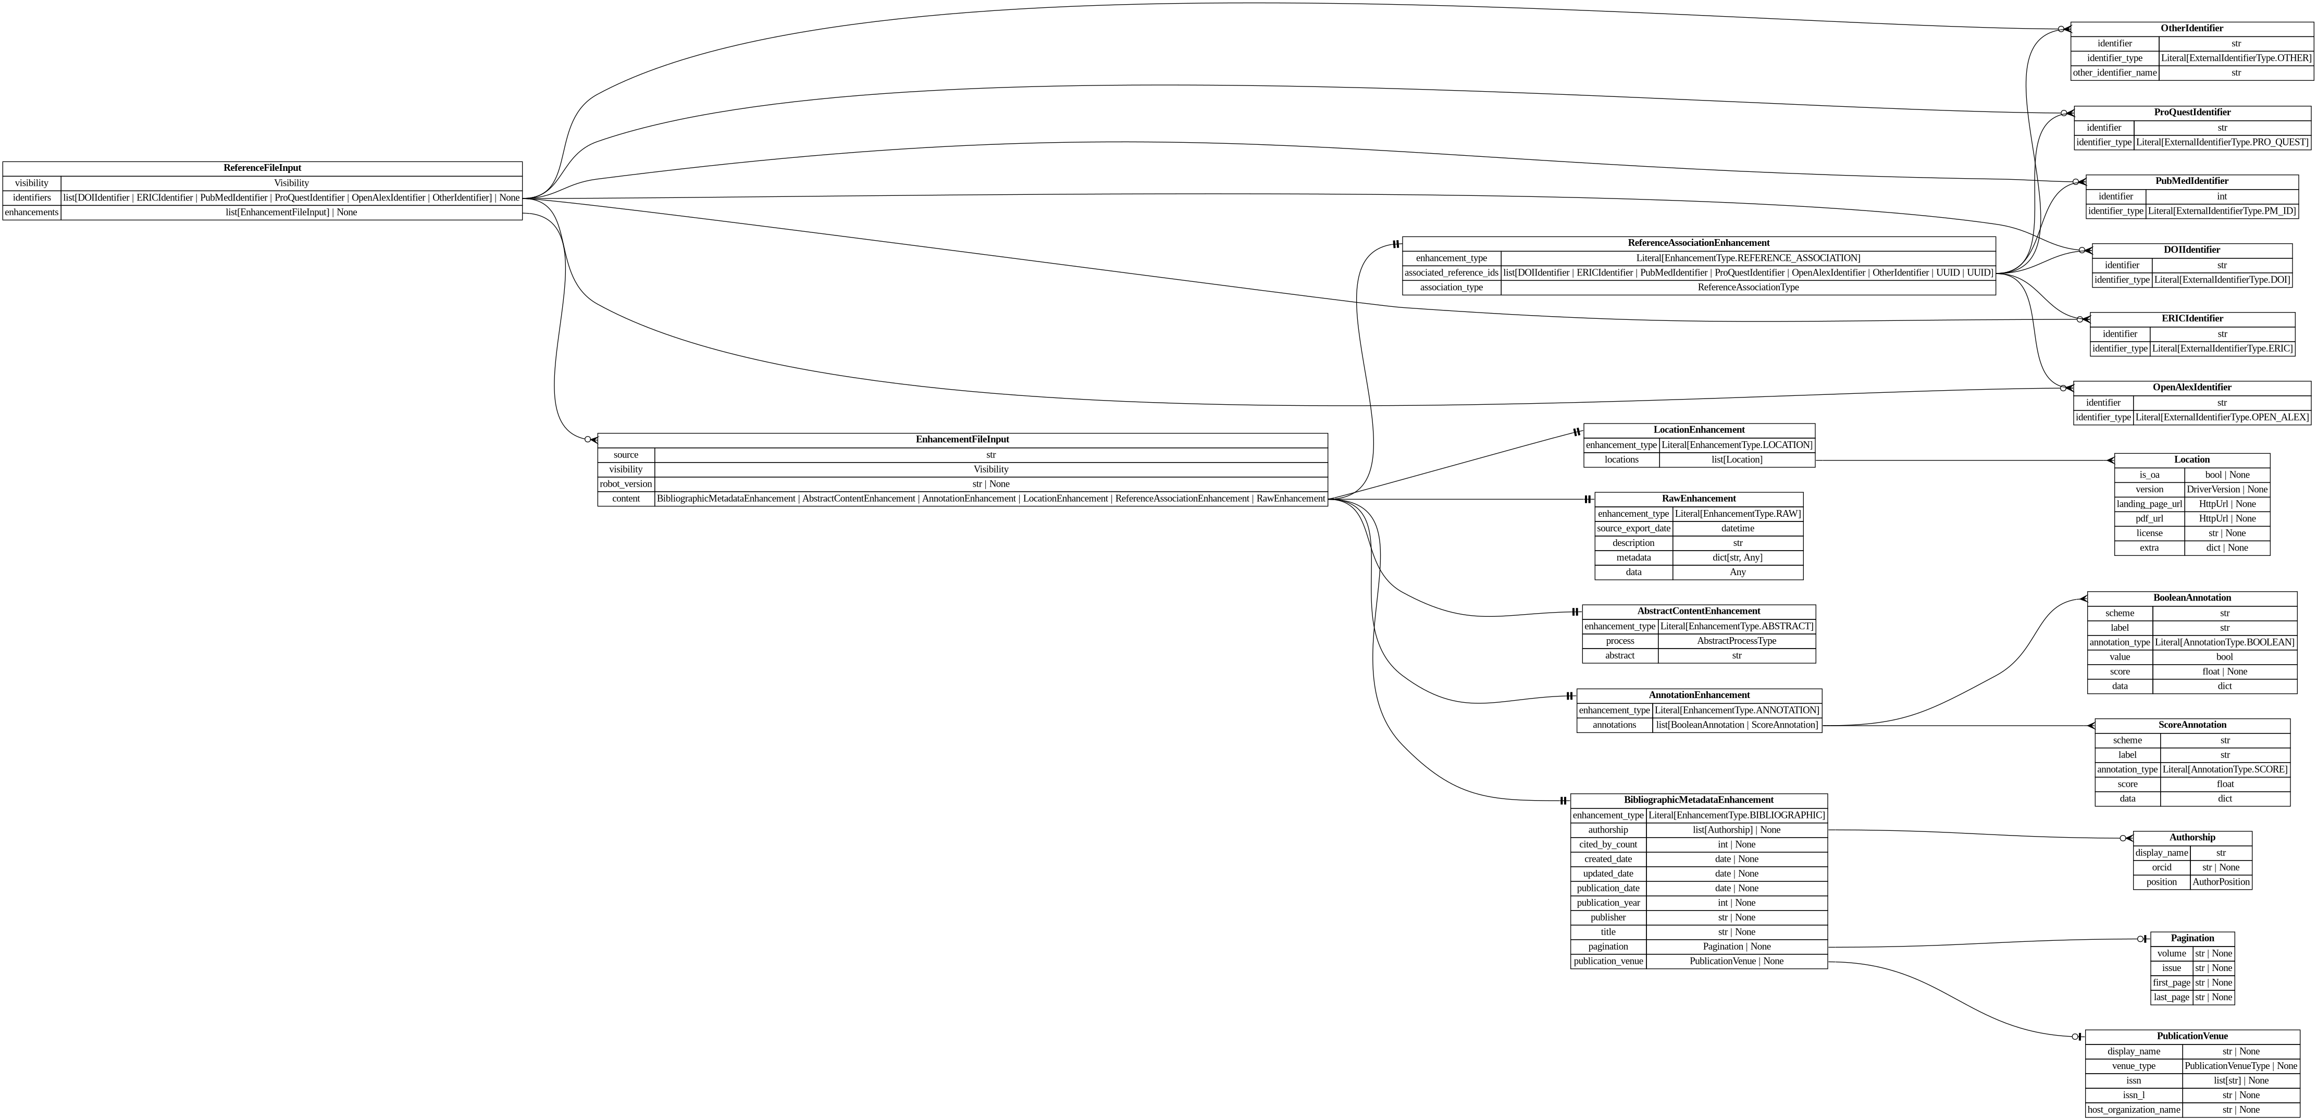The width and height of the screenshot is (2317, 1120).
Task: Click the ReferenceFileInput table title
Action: click(x=262, y=168)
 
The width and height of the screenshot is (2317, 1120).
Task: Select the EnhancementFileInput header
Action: click(x=961, y=440)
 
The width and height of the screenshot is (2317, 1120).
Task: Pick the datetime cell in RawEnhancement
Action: click(x=1737, y=529)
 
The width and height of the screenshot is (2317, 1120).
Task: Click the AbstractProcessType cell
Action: click(x=1736, y=641)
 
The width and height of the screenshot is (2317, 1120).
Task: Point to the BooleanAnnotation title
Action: click(x=2191, y=598)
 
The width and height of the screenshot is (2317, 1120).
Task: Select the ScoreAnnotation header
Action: click(x=2192, y=725)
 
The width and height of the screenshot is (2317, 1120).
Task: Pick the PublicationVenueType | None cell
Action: click(x=2240, y=1066)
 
